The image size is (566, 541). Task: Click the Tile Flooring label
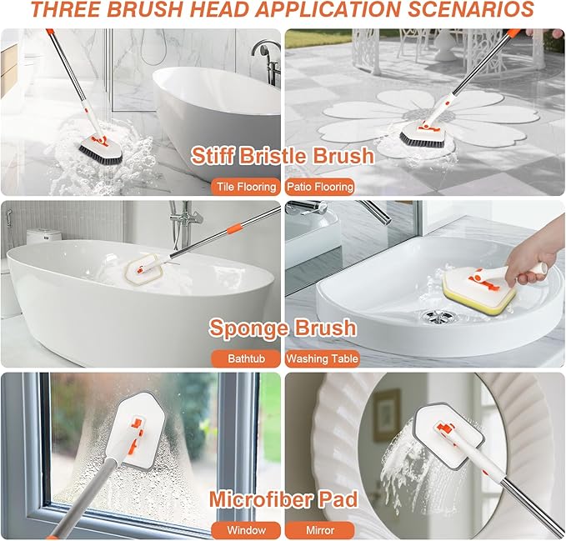[245, 187]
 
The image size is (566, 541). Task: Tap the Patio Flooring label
[320, 187]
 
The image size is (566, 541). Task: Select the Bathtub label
[245, 359]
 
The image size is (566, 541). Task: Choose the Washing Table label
[323, 359]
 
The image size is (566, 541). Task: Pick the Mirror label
[320, 530]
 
